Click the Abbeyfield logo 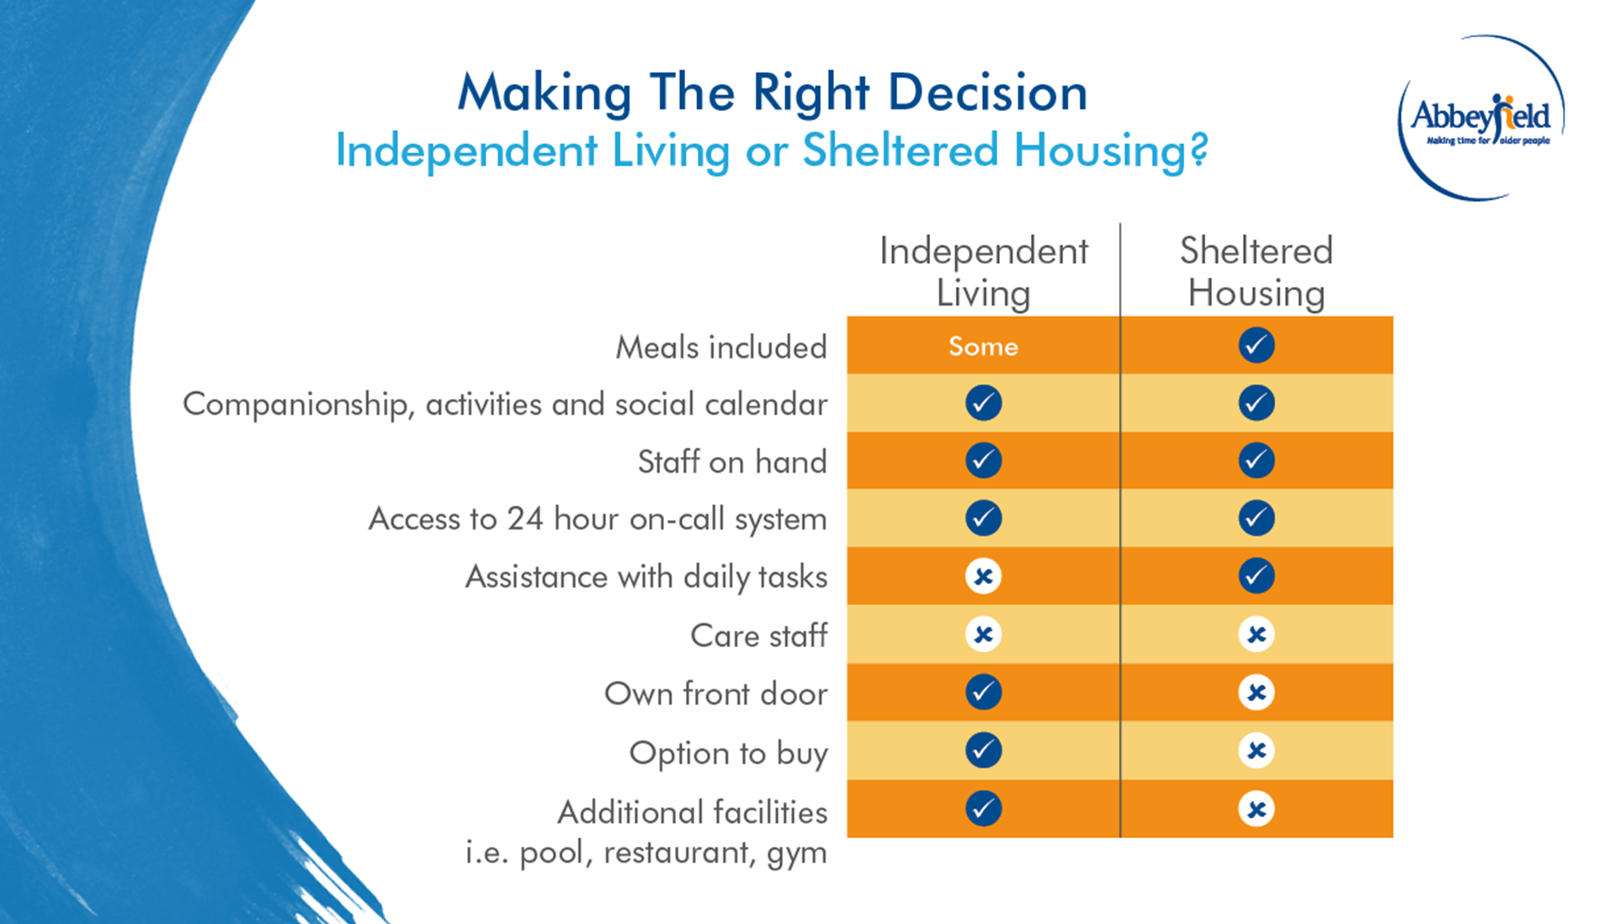pyautogui.click(x=1480, y=118)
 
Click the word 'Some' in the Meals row pyautogui.click(x=983, y=346)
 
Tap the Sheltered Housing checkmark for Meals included pyautogui.click(x=1256, y=345)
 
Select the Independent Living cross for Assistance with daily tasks pyautogui.click(x=983, y=576)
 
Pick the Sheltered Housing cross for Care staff pyautogui.click(x=1256, y=635)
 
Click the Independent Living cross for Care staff pyautogui.click(x=983, y=635)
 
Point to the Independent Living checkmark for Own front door pyautogui.click(x=983, y=692)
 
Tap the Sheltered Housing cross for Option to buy pyautogui.click(x=1256, y=750)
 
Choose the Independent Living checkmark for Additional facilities pyautogui.click(x=983, y=809)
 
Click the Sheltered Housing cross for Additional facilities pyautogui.click(x=1256, y=809)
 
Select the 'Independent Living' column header pyautogui.click(x=983, y=272)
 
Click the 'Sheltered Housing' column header pyautogui.click(x=1256, y=272)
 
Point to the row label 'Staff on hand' pyautogui.click(x=731, y=461)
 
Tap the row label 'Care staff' pyautogui.click(x=758, y=635)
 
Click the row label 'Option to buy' pyautogui.click(x=728, y=752)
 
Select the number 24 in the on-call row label pyautogui.click(x=524, y=518)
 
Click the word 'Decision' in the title pyautogui.click(x=987, y=92)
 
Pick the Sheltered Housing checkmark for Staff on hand pyautogui.click(x=1256, y=460)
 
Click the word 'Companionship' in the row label pyautogui.click(x=296, y=405)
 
